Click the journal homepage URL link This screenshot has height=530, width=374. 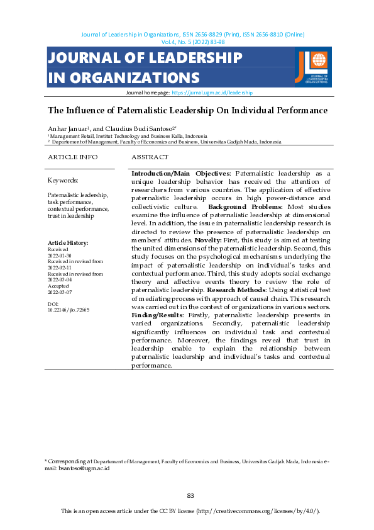coord(212,92)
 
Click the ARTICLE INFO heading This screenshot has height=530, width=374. coord(73,157)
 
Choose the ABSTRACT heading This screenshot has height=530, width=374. coord(150,157)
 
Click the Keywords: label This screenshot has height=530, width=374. coord(63,179)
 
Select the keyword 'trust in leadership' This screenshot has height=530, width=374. coord(71,216)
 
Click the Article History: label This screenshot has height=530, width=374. coord(68,243)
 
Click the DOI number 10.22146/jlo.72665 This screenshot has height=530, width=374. coord(69,310)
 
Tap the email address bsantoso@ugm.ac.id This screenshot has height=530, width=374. coord(83,468)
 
